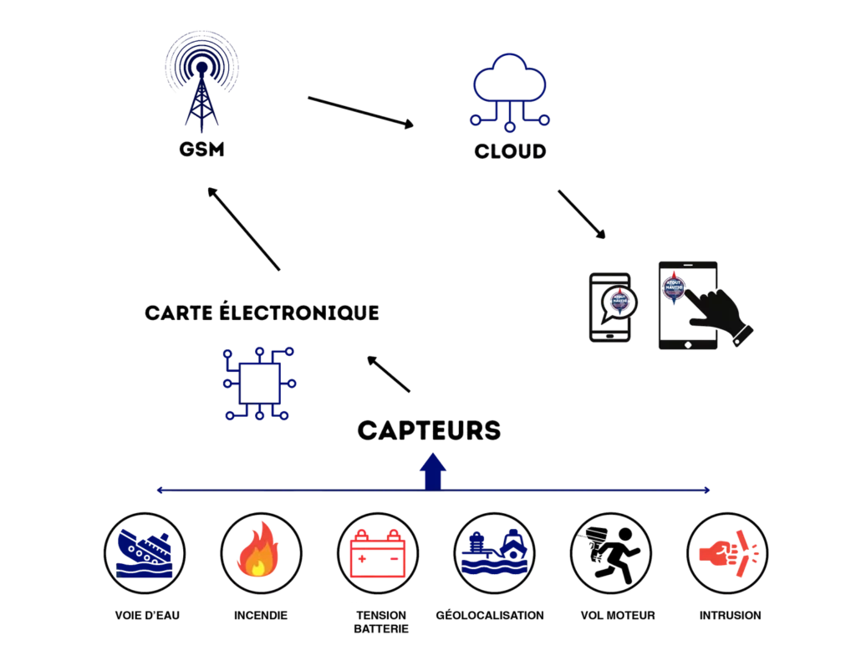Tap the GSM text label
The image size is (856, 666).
click(200, 151)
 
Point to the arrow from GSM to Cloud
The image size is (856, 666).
click(360, 113)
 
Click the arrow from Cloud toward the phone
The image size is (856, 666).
click(582, 214)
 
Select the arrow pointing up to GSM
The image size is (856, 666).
click(246, 229)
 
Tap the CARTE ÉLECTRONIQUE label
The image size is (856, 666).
click(262, 313)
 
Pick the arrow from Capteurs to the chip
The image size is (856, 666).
click(390, 375)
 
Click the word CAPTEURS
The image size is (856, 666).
click(429, 430)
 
